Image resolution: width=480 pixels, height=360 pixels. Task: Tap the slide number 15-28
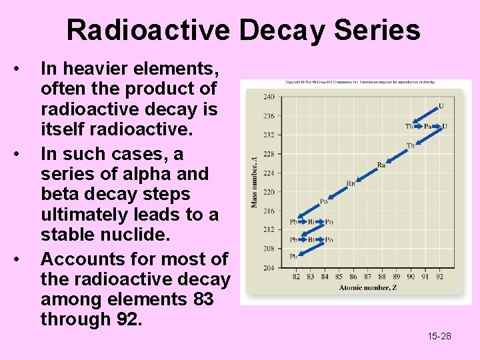(439, 336)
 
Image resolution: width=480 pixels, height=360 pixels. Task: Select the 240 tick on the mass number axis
(268, 97)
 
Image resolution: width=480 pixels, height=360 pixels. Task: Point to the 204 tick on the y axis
(268, 267)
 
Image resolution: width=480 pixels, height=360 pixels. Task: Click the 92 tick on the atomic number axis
(439, 277)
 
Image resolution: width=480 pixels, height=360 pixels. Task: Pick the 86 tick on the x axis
(353, 277)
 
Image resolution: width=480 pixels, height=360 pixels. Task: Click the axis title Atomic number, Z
(367, 288)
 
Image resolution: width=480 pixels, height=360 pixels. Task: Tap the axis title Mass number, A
(254, 181)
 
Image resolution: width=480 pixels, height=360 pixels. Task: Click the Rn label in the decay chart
(351, 183)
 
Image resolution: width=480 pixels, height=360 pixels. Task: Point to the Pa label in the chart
(427, 126)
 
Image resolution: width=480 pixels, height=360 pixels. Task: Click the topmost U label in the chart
(441, 106)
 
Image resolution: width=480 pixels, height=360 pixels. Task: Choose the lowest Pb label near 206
(293, 257)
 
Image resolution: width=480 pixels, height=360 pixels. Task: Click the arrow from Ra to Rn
(366, 174)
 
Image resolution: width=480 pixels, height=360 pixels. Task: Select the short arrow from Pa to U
(436, 126)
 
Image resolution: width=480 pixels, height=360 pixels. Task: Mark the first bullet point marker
(24, 69)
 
